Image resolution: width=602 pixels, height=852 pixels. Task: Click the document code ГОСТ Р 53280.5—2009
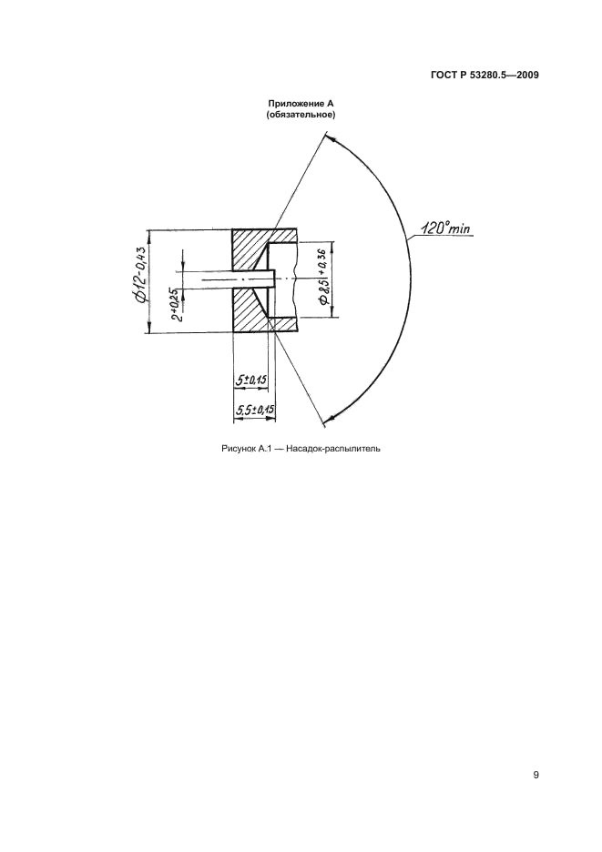tap(485, 76)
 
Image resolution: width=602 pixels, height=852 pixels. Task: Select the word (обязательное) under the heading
tap(301, 115)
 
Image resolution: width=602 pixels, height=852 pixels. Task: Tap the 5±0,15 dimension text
tap(251, 380)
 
